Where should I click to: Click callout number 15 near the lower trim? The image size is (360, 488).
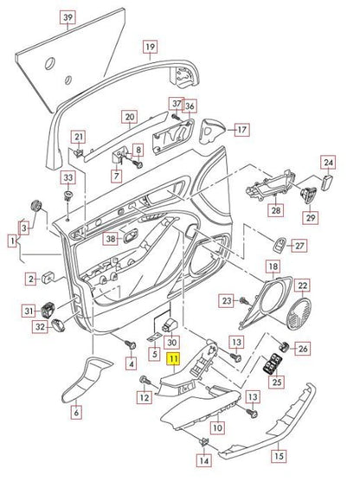[279, 454]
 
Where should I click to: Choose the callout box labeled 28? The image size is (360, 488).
[275, 210]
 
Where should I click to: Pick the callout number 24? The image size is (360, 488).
[327, 161]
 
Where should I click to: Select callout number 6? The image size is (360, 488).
[75, 412]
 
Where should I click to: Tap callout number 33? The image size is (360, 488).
[67, 177]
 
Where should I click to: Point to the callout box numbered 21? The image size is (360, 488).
[79, 137]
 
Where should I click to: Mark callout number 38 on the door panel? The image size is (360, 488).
[111, 238]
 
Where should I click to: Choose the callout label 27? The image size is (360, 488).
[300, 246]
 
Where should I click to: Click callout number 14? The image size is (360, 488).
[202, 461]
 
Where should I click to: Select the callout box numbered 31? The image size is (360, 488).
[29, 311]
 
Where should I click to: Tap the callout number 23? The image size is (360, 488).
[227, 300]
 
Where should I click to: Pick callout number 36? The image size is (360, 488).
[190, 106]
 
